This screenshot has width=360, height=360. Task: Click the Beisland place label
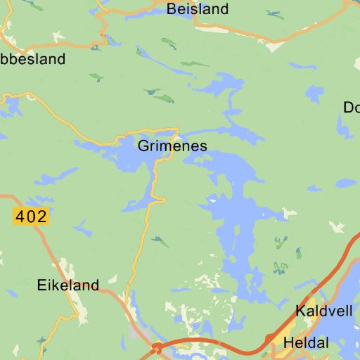(198, 9)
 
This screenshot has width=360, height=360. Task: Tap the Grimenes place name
(172, 146)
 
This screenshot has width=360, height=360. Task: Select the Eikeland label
(67, 285)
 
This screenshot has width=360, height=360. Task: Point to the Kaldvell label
(324, 311)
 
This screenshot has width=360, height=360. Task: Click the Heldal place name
(306, 343)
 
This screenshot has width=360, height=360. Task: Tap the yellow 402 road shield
(30, 217)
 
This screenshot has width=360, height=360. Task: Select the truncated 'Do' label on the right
(351, 107)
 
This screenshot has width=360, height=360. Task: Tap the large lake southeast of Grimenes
(236, 225)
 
